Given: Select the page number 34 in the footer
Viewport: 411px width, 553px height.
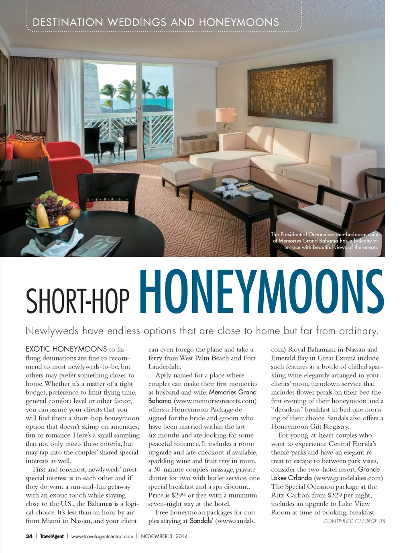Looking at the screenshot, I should tap(29, 536).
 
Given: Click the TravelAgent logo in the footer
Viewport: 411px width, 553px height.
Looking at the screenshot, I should tap(52, 536).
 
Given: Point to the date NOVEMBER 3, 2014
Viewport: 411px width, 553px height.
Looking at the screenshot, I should tap(164, 536).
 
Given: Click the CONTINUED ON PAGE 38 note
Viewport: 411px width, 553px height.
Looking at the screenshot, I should tap(354, 521).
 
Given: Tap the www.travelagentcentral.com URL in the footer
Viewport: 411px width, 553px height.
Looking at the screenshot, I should tap(102, 536).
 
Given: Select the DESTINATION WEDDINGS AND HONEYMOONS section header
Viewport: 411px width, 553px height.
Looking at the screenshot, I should tap(156, 22).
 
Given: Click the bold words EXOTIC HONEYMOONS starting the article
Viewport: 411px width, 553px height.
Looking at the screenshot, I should tap(66, 349).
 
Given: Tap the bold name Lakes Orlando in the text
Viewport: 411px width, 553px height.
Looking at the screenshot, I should tap(291, 478).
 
